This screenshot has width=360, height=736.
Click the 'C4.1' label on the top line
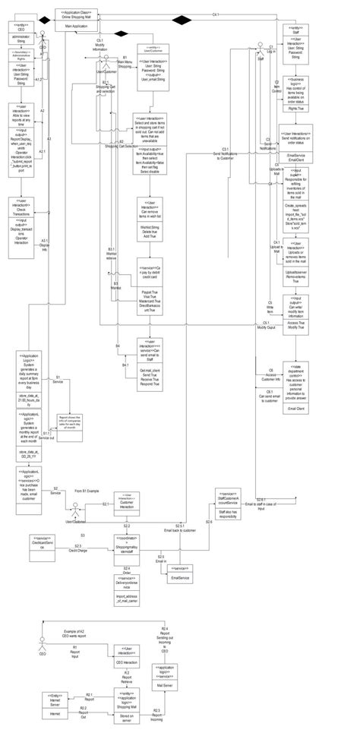[216, 15]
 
